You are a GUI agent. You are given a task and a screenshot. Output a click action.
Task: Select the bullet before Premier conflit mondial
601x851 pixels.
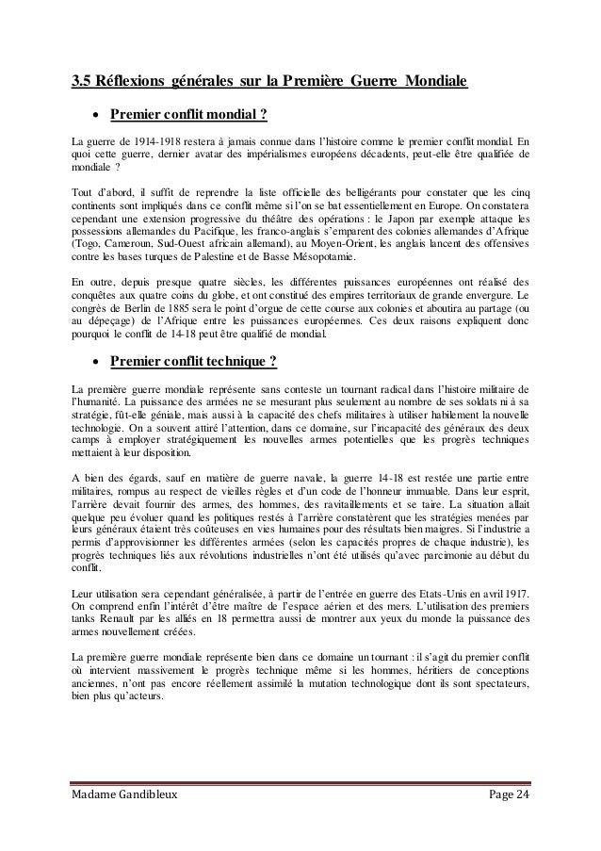(x=95, y=118)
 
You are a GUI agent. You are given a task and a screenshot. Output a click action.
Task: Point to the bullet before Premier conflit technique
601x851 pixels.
(x=95, y=362)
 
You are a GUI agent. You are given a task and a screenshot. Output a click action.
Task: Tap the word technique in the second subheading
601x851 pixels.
(x=223, y=362)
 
